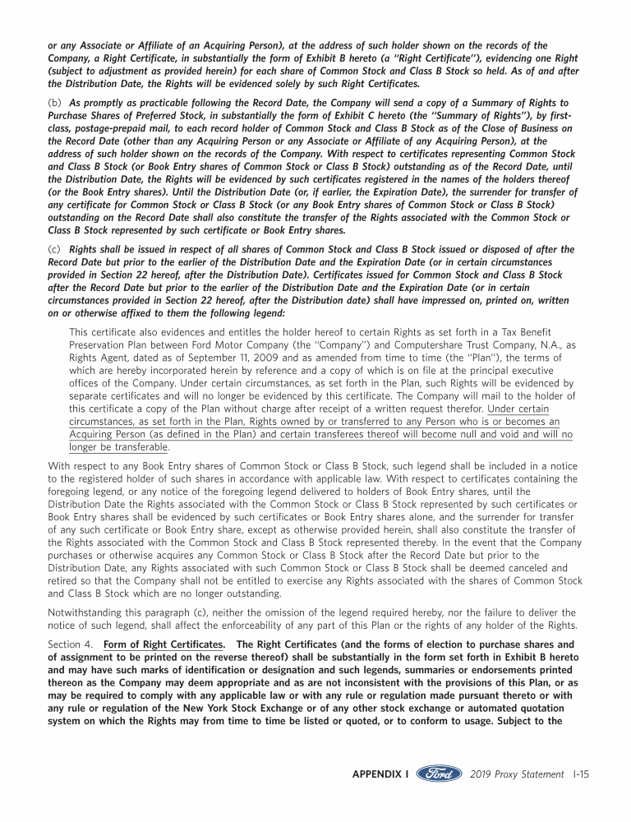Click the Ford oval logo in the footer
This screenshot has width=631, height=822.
(x=439, y=774)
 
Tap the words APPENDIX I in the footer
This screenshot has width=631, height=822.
(x=380, y=774)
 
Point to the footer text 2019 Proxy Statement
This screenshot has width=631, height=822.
(x=518, y=774)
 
